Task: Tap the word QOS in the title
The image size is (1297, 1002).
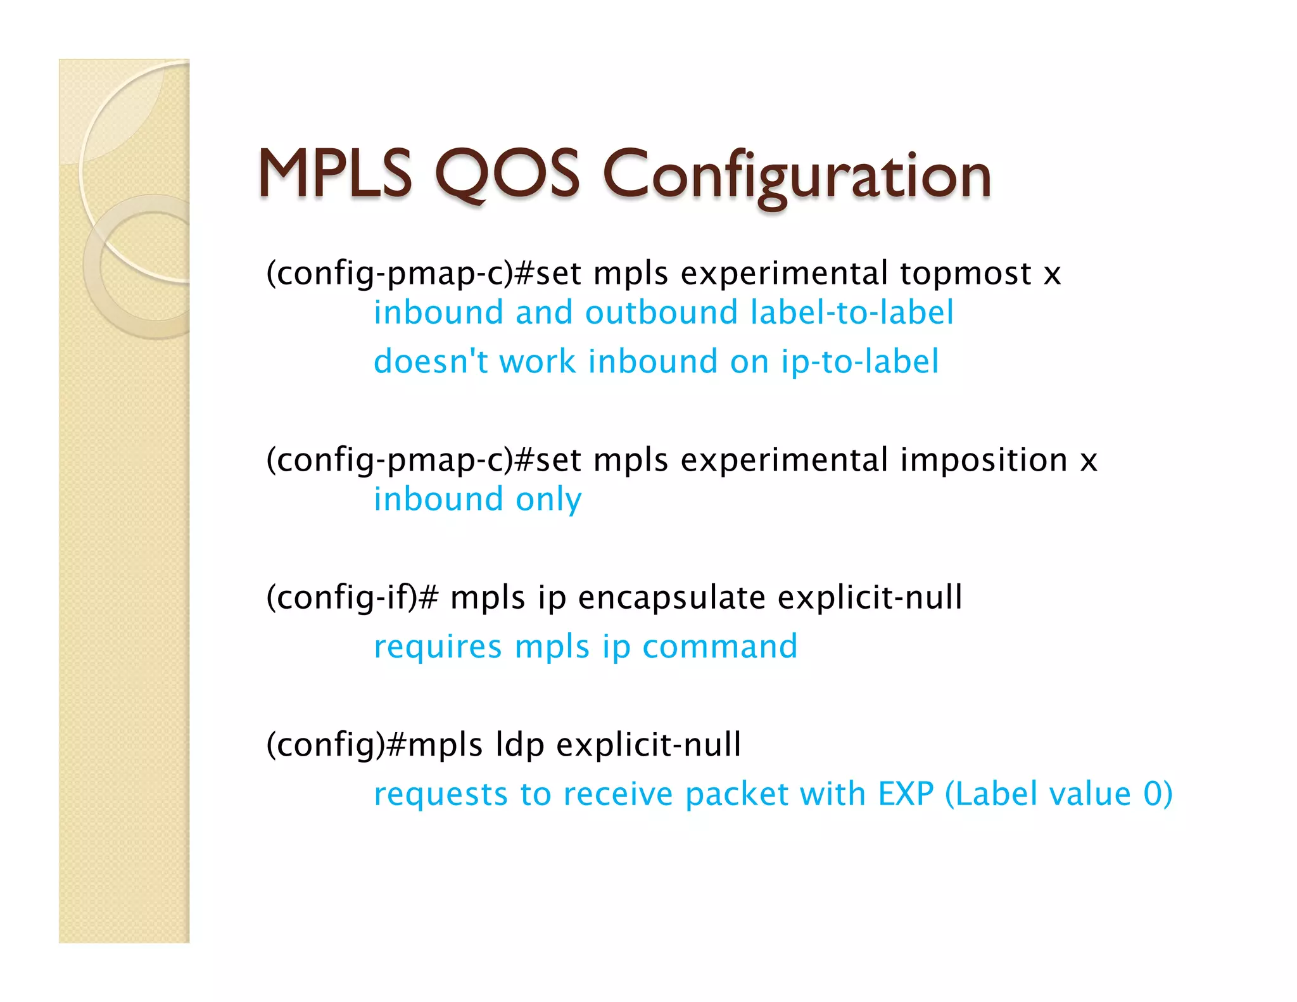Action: (507, 174)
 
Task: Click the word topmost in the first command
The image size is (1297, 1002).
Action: (965, 274)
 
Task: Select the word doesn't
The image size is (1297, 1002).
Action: (431, 362)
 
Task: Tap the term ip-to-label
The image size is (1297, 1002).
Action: (859, 363)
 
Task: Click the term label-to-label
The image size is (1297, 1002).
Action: (851, 313)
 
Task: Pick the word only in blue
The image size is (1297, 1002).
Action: (548, 500)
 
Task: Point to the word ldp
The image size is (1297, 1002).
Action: (519, 745)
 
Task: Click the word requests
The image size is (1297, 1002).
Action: (441, 796)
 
